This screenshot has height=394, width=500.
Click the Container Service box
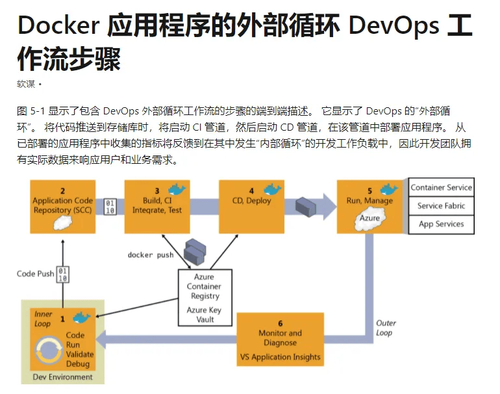[441, 188]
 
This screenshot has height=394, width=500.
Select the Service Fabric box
[441, 206]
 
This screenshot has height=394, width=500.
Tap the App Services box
[441, 224]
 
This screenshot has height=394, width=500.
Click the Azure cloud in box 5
[369, 218]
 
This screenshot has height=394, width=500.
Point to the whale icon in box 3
[177, 189]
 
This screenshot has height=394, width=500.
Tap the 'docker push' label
[150, 255]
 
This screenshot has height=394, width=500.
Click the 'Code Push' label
[35, 274]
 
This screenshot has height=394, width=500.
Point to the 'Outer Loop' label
[386, 328]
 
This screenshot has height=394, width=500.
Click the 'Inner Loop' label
[43, 319]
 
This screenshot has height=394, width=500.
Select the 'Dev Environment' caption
[62, 377]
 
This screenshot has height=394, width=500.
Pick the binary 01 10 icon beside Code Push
[63, 273]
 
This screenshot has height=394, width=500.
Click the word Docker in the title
[57, 27]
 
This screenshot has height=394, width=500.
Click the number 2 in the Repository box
[63, 191]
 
